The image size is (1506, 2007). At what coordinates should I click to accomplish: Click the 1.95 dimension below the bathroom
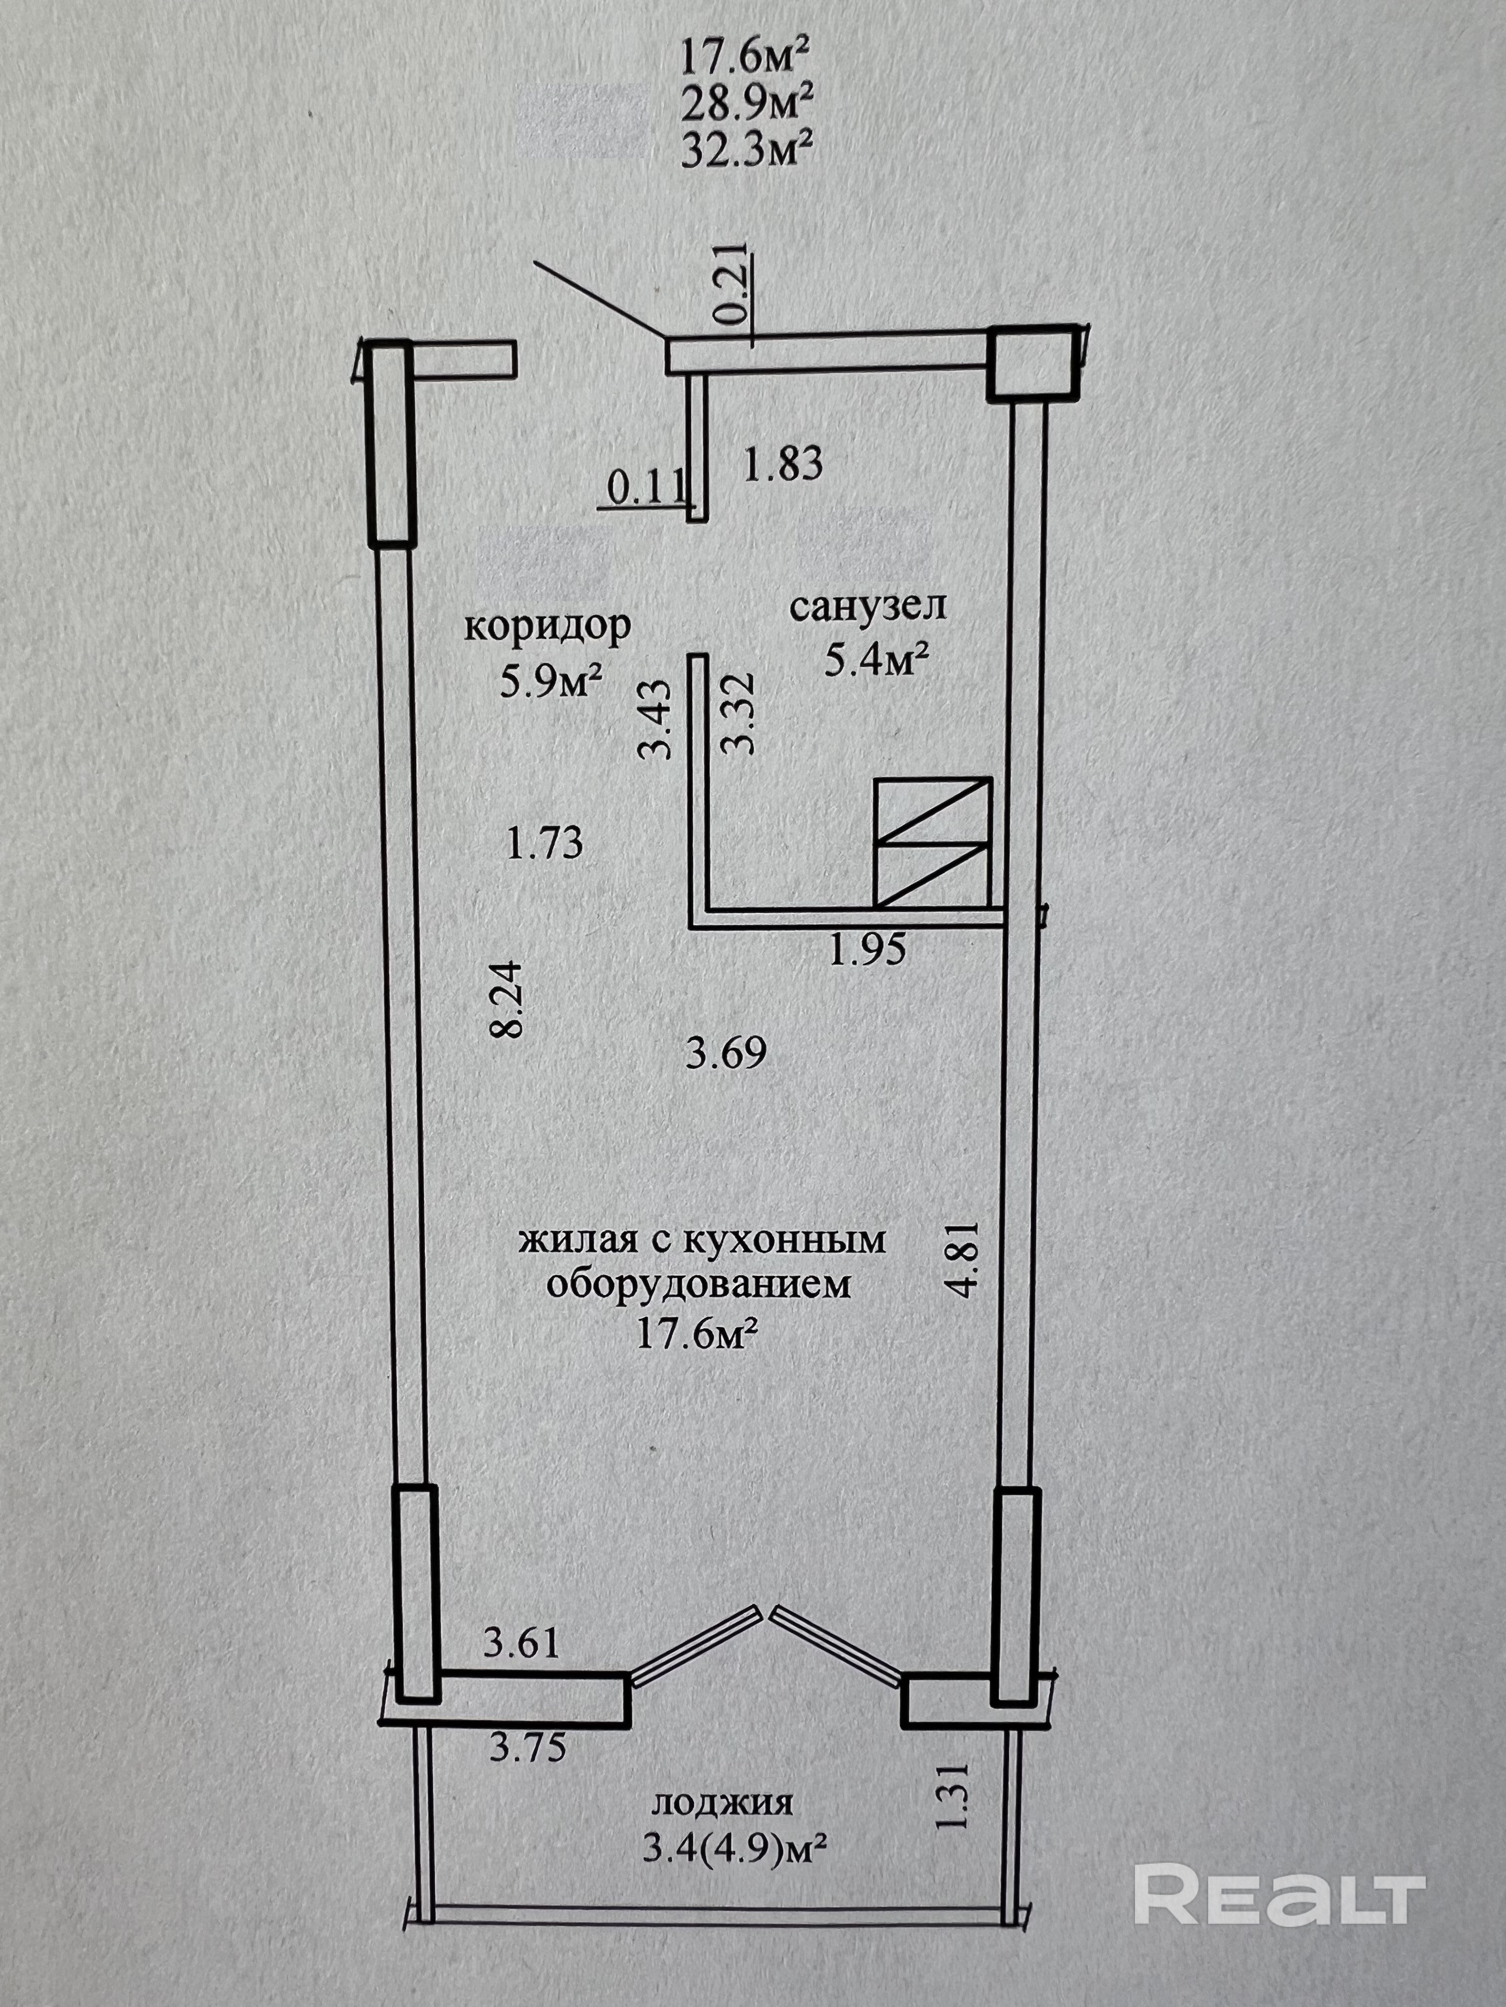(x=868, y=950)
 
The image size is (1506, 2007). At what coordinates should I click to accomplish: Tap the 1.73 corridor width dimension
(x=545, y=846)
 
